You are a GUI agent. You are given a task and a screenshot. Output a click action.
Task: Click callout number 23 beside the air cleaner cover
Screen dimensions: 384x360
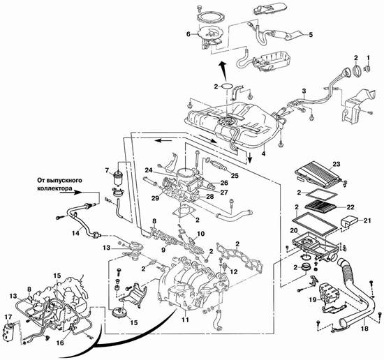click(x=337, y=164)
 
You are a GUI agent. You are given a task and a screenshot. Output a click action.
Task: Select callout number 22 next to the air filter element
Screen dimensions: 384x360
click(x=350, y=207)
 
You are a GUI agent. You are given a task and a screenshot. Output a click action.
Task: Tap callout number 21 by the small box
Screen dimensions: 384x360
click(x=367, y=220)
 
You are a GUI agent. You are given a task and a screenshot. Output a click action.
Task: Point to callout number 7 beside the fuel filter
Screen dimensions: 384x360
click(x=107, y=170)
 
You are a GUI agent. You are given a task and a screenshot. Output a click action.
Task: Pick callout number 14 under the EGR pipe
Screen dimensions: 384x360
click(x=76, y=233)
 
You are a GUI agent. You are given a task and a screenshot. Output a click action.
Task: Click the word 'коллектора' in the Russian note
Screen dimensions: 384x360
click(x=54, y=188)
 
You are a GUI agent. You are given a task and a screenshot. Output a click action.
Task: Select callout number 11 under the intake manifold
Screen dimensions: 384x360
click(x=185, y=320)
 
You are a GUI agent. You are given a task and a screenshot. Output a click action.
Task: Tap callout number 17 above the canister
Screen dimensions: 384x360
click(x=8, y=317)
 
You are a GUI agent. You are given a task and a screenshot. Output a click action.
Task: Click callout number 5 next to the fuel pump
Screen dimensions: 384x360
click(x=311, y=35)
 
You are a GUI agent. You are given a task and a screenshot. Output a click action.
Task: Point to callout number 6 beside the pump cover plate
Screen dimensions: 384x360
click(x=188, y=34)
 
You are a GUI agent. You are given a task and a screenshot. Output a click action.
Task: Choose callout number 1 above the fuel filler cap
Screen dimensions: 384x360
click(x=367, y=58)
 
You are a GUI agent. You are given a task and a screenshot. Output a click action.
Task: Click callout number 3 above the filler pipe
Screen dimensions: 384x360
click(x=304, y=91)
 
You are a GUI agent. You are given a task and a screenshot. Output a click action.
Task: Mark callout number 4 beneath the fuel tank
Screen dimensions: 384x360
click(x=263, y=153)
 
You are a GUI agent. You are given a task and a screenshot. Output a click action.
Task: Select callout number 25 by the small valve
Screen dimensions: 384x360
click(x=235, y=176)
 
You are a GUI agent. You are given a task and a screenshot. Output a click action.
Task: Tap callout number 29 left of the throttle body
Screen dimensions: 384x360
click(x=155, y=198)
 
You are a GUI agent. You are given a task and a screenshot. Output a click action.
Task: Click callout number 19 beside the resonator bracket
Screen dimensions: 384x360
click(x=313, y=299)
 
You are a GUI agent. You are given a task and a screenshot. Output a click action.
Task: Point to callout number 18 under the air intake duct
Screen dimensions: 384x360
click(x=364, y=328)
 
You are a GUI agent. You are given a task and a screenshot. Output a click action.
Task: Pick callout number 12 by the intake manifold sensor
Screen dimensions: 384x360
click(x=234, y=271)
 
